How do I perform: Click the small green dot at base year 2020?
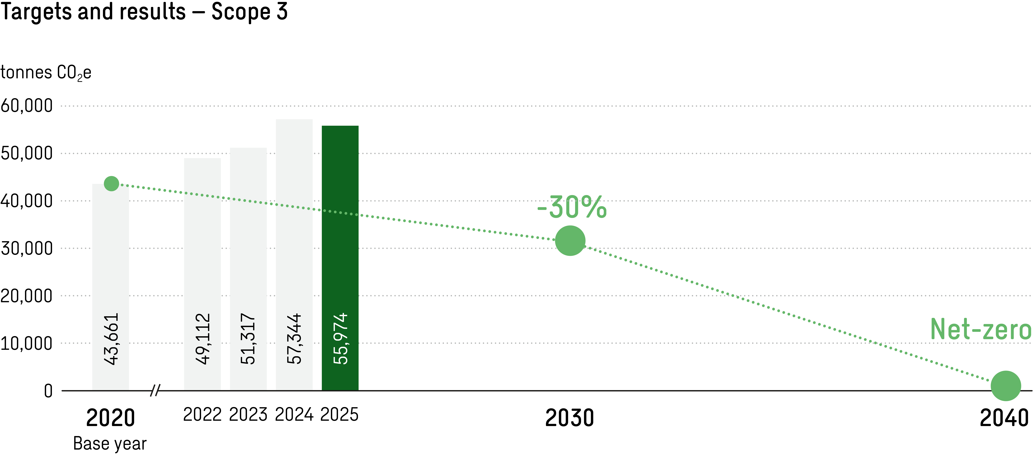click(x=111, y=184)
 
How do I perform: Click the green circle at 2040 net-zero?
click(x=1006, y=386)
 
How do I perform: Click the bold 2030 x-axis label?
click(x=569, y=418)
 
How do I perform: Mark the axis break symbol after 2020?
click(x=155, y=390)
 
